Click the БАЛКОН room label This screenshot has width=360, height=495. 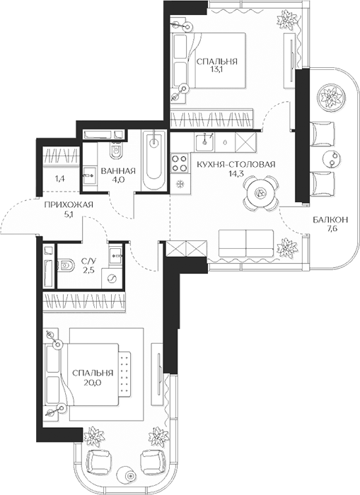pos(330,219)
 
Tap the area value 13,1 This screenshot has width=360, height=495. pos(217,69)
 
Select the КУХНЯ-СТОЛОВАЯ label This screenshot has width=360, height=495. pos(236,165)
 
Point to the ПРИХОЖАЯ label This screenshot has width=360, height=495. pos(69,205)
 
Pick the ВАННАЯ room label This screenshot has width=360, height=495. pos(118,171)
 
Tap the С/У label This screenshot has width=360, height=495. pos(87,261)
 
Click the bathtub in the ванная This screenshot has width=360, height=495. pos(153,160)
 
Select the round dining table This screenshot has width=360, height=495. pos(261,192)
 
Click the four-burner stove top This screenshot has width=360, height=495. pos(180,163)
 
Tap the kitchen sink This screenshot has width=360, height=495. pos(204,142)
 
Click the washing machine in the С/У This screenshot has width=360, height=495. pos(112,279)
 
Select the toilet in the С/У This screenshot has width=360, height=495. pos(66,266)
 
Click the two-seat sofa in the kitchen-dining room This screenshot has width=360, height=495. pos(246,244)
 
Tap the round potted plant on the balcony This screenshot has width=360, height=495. pos(330,95)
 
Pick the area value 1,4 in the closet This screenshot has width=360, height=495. pos(59,180)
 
